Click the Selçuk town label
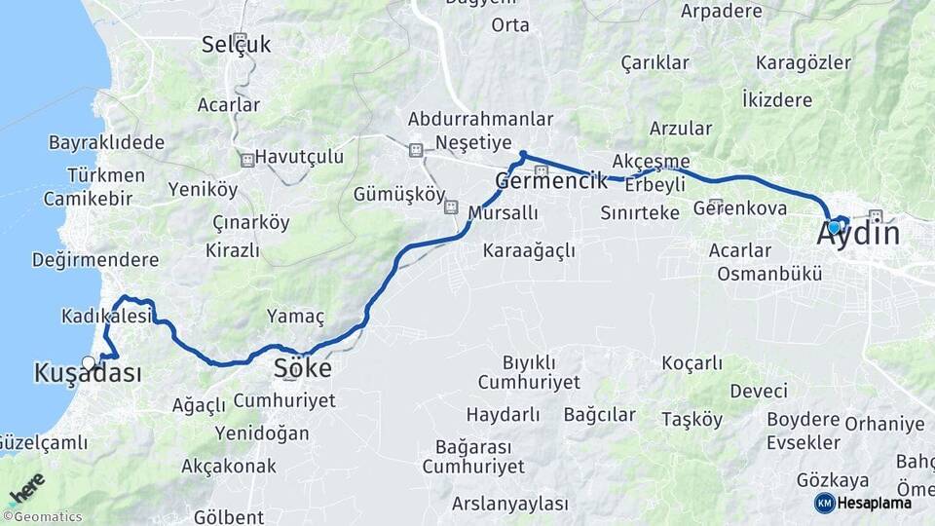point(237,44)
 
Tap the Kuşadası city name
point(87,374)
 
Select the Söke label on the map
point(302,369)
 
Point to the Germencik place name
point(551,180)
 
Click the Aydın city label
point(857,235)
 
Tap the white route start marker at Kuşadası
point(90,362)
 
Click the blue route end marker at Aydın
point(834,226)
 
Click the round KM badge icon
point(825,503)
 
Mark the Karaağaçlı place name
point(529,250)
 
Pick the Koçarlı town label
point(692,363)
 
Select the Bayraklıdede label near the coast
point(106,142)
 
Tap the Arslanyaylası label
point(509,504)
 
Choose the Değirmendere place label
point(94,260)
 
